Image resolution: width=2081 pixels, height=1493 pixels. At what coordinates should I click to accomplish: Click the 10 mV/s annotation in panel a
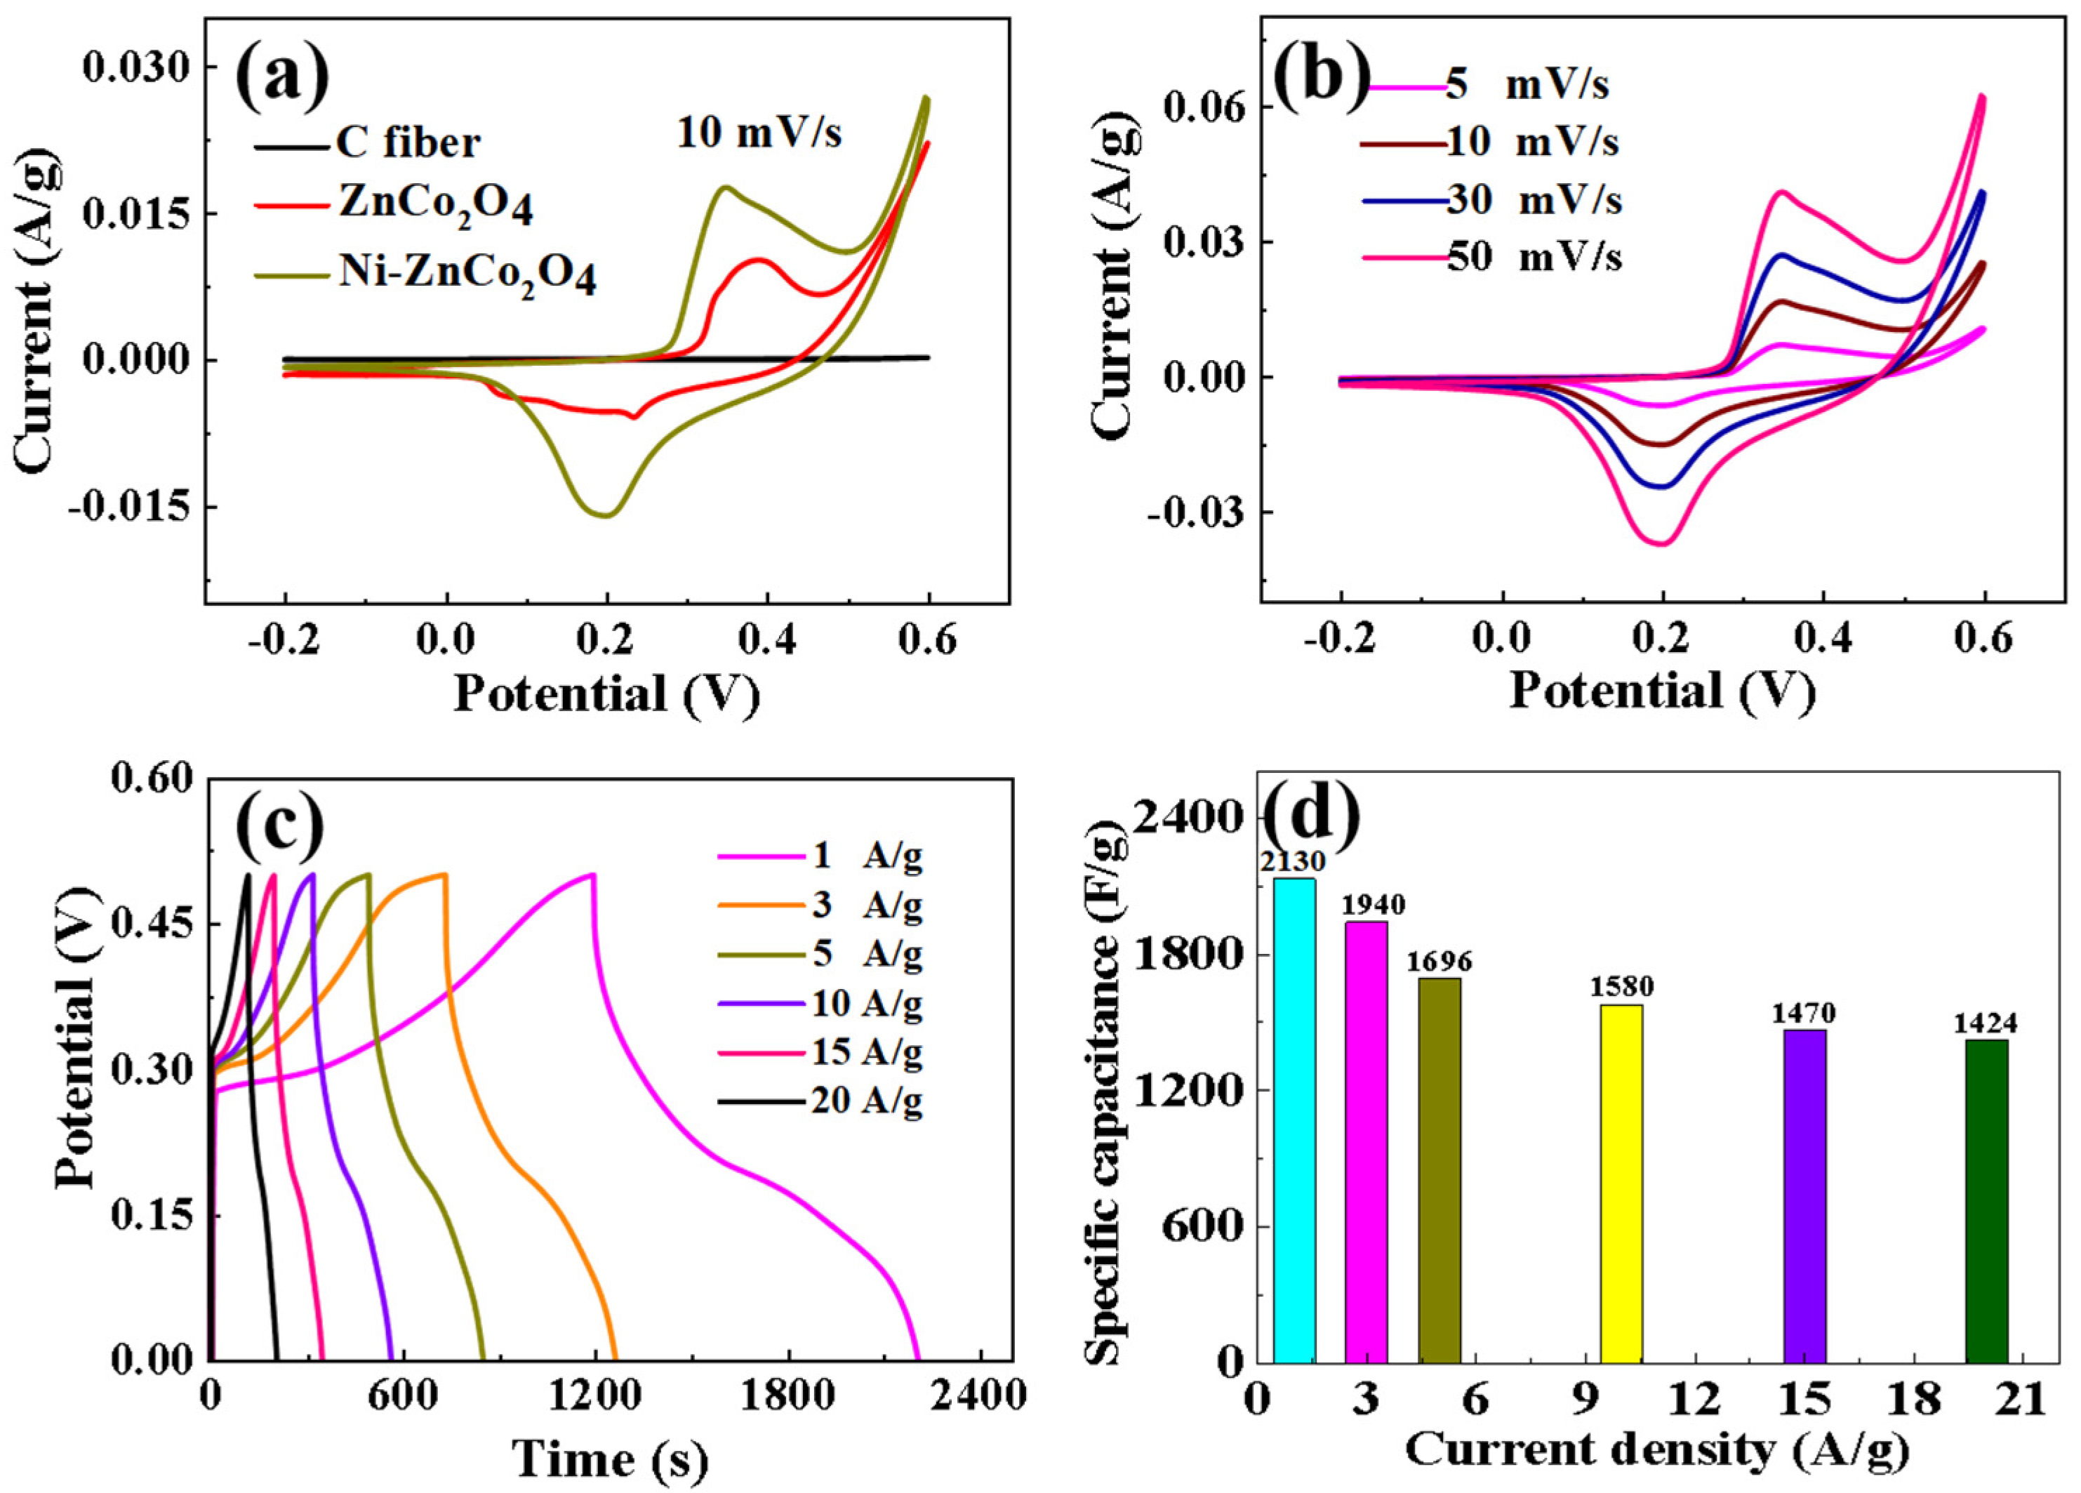[759, 134]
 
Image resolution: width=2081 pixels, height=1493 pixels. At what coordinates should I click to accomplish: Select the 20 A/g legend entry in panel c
[866, 1100]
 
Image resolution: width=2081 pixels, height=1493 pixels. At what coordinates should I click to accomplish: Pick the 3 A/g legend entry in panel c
[866, 905]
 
